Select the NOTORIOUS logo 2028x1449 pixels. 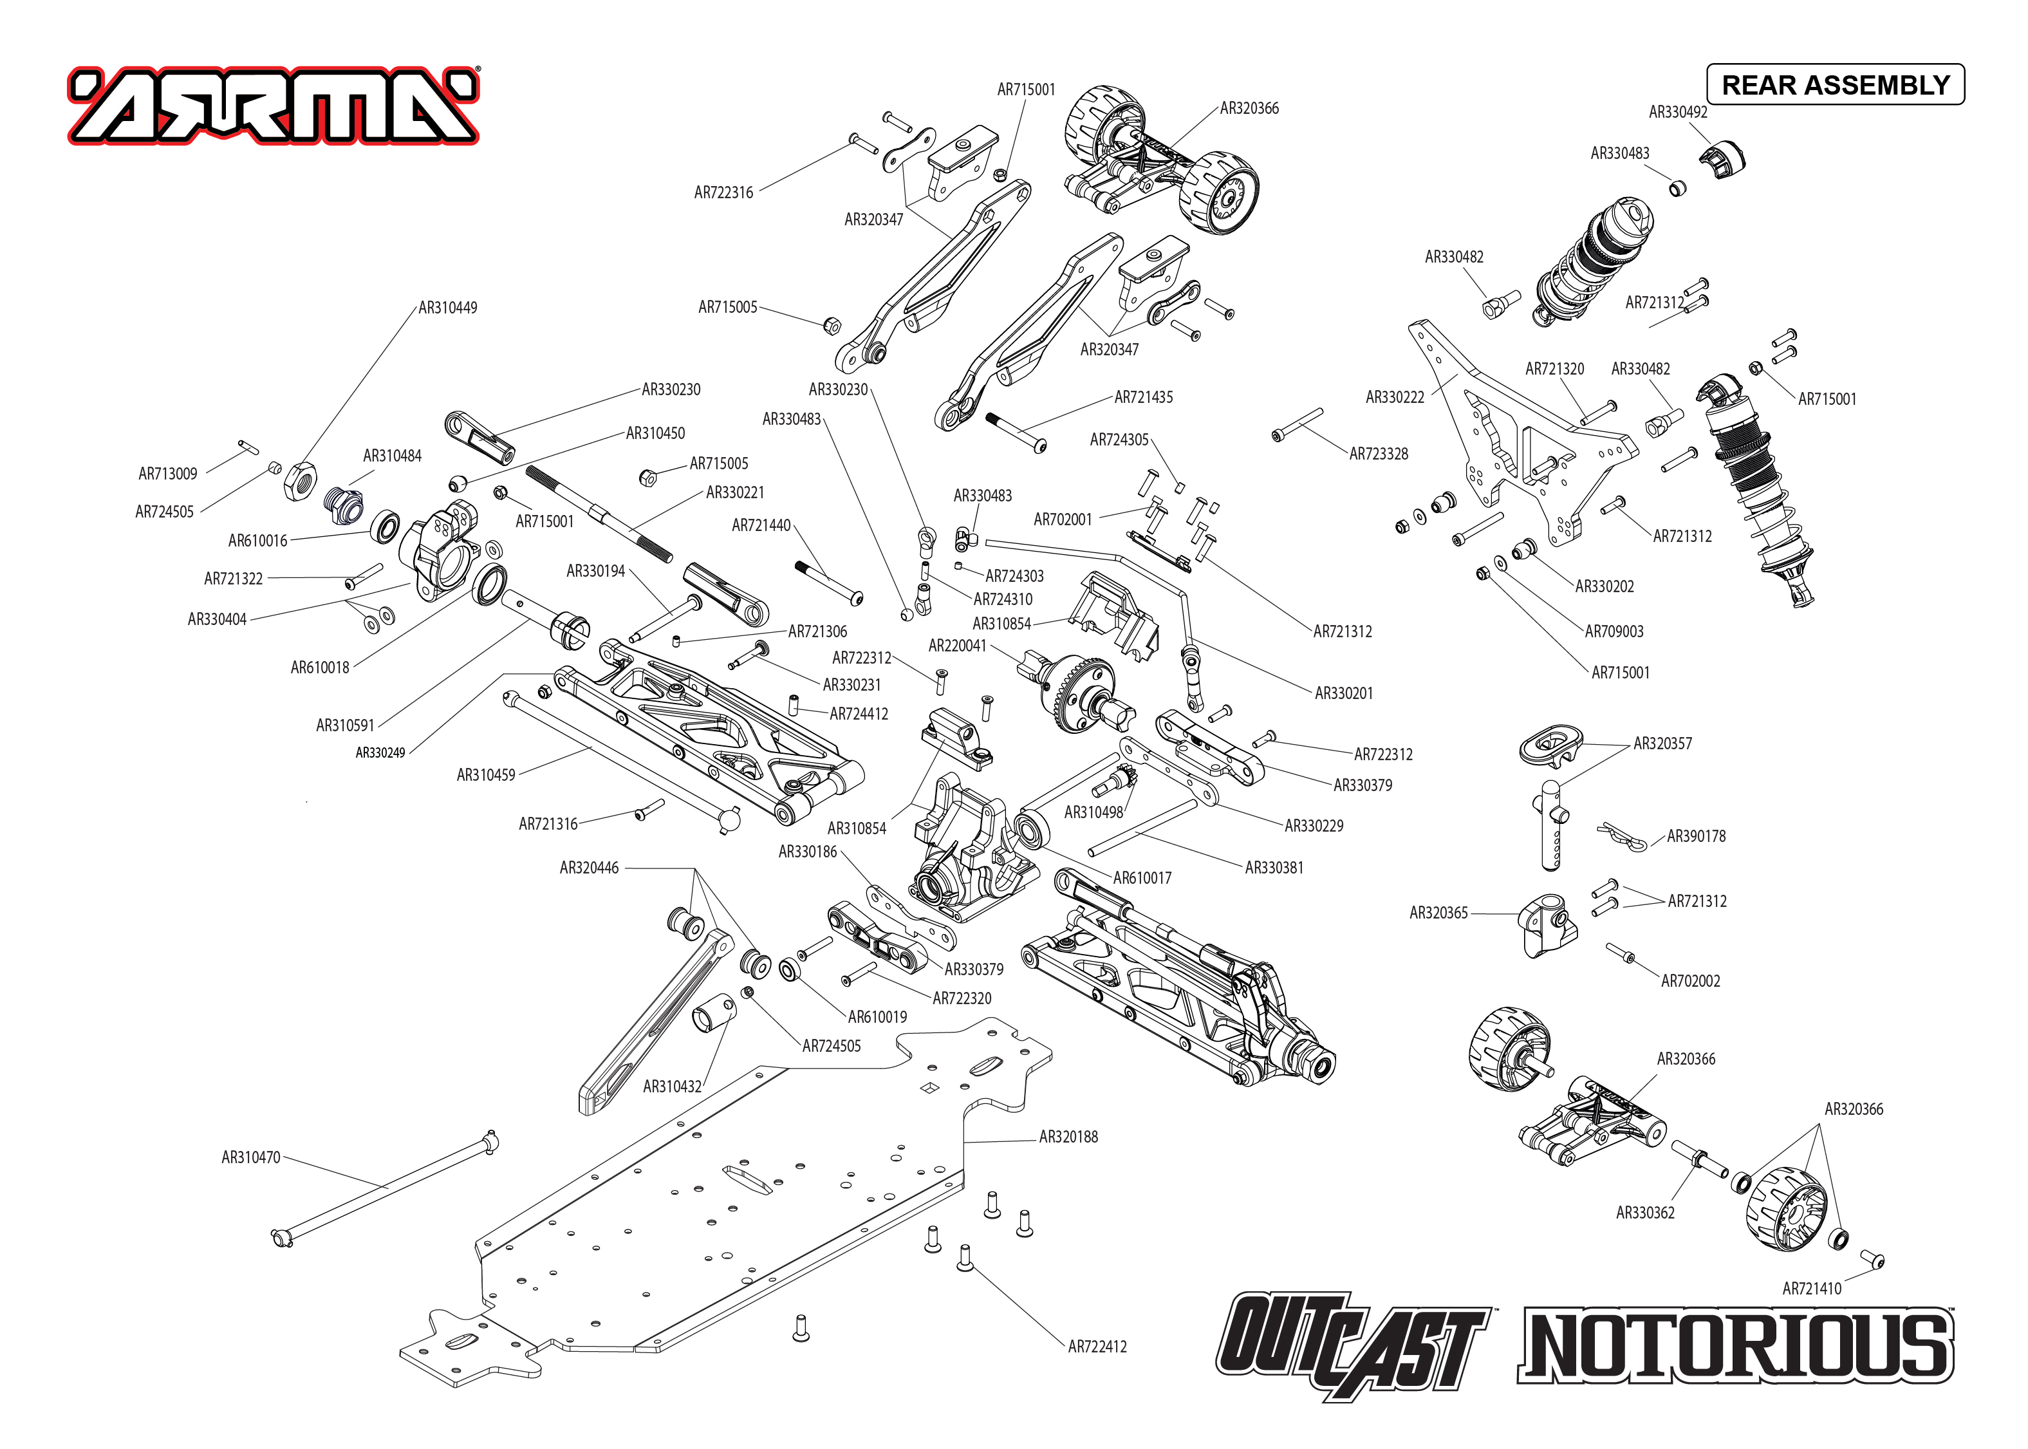tap(1735, 1345)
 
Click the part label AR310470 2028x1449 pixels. tap(250, 1157)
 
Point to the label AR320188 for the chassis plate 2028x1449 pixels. tap(1068, 1137)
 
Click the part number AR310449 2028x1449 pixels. tap(448, 308)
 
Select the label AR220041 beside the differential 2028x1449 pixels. tap(957, 645)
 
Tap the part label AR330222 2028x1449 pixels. tap(1395, 397)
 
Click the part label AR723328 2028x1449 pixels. tap(1378, 453)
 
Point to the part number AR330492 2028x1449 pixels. tap(1677, 111)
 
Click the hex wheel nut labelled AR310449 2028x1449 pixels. tap(301, 480)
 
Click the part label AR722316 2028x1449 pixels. tap(723, 192)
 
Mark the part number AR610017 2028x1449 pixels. tap(1142, 878)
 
